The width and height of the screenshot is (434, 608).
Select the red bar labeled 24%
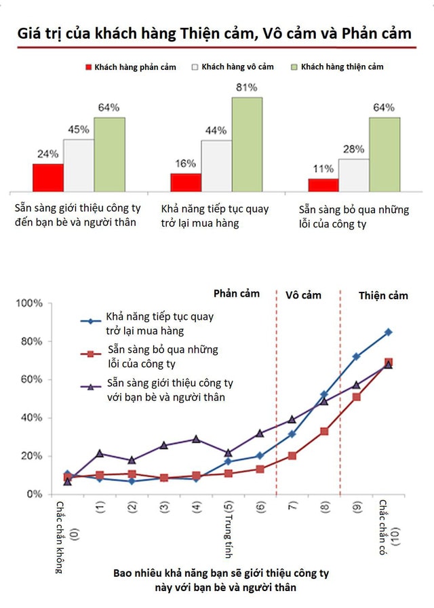(47, 177)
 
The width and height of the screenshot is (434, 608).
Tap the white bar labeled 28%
(353, 175)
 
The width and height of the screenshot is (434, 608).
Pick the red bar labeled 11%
(323, 185)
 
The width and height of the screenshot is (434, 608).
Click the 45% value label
(78, 130)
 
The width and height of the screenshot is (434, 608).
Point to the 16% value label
(185, 163)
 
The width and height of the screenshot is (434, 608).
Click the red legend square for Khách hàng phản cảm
(88, 67)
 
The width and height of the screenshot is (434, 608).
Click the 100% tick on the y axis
(29, 303)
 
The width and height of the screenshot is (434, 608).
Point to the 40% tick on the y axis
(32, 417)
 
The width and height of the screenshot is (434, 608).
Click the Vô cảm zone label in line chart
(303, 295)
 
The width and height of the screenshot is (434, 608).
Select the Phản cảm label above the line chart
(237, 294)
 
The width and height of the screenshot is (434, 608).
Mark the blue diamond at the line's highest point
(388, 332)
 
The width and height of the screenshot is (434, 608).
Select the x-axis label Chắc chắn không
(60, 536)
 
